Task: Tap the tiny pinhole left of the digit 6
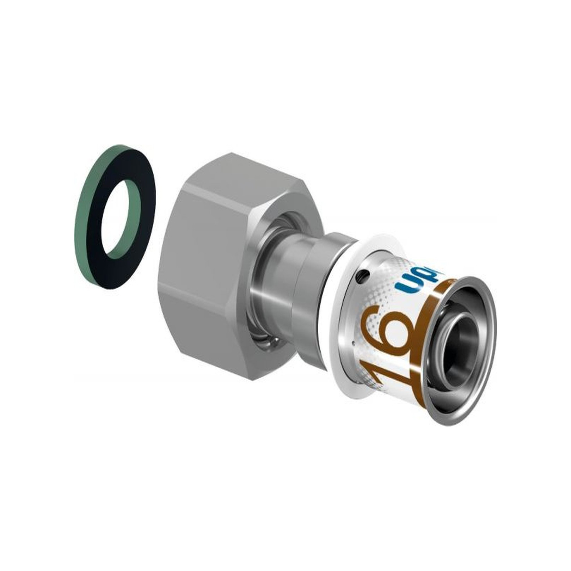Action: [353, 342]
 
